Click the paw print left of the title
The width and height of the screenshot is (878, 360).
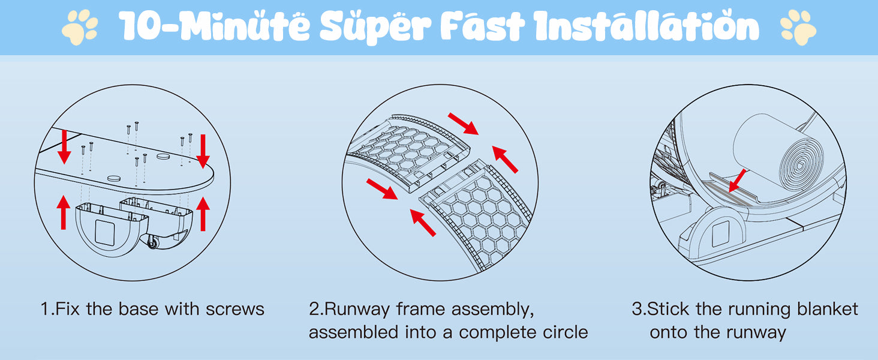pyautogui.click(x=80, y=27)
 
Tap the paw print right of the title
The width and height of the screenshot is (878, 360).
pyautogui.click(x=798, y=27)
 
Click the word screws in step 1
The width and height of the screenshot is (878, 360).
pyautogui.click(x=235, y=310)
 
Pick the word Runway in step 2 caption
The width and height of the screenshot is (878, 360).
pyautogui.click(x=357, y=310)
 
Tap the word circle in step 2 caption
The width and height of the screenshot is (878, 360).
pyautogui.click(x=565, y=332)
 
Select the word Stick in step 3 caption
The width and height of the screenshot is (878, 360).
pyautogui.click(x=668, y=310)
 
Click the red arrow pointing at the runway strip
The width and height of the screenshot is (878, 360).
pyautogui.click(x=738, y=181)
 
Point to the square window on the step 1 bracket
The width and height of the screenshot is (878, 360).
pyautogui.click(x=105, y=233)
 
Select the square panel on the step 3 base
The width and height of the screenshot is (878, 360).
pyautogui.click(x=720, y=234)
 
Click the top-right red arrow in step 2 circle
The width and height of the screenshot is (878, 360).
pyautogui.click(x=464, y=124)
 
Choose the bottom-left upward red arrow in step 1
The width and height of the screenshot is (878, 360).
pyautogui.click(x=64, y=212)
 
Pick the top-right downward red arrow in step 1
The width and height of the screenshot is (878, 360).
pyautogui.click(x=203, y=151)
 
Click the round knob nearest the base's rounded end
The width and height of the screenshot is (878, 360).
pyautogui.click(x=164, y=156)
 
